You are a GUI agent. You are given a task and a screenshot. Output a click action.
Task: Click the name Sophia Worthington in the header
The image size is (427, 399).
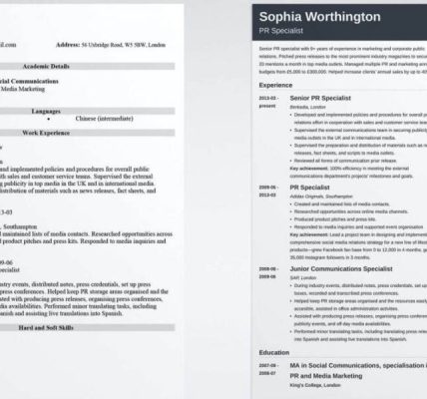point(318,17)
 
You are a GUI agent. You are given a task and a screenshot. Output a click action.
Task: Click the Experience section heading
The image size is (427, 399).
point(275,86)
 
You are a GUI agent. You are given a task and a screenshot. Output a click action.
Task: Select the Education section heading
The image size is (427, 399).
point(275,352)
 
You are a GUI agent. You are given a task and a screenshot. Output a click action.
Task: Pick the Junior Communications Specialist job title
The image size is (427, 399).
point(343,269)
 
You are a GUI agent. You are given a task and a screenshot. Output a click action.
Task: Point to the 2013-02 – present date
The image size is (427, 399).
point(268,103)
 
